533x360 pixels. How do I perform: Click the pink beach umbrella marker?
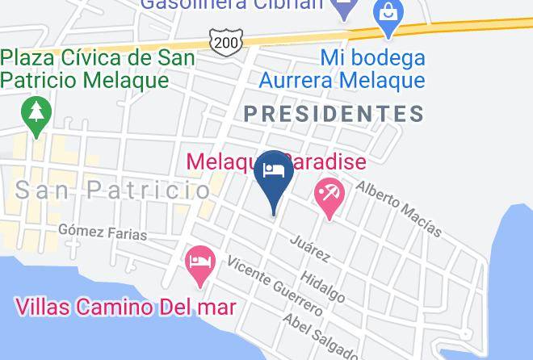pos(329,196)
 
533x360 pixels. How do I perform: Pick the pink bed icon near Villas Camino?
pos(199,264)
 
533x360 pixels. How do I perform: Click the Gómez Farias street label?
pos(103,232)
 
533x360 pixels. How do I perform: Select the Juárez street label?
pos(310,249)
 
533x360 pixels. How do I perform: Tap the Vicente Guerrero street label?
pos(275,286)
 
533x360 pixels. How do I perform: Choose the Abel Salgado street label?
pos(320,337)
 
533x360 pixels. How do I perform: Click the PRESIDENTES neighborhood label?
pos(334,114)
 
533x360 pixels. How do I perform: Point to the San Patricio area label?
pos(113,190)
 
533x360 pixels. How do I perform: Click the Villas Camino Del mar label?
pos(125,308)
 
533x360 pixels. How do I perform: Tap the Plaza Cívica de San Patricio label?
pos(97,69)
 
